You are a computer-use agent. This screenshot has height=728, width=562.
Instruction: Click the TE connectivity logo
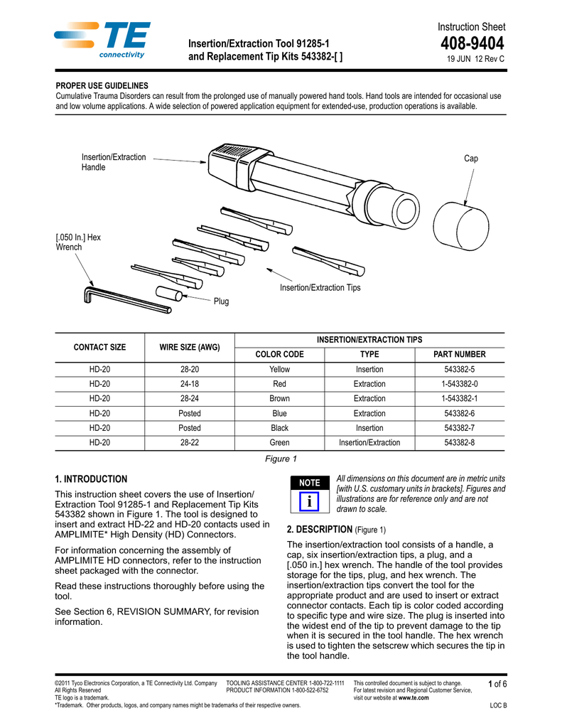pyautogui.click(x=102, y=39)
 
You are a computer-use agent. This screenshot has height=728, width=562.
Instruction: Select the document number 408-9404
pyautogui.click(x=472, y=44)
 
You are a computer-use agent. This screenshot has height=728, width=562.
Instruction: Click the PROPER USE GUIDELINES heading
pyautogui.click(x=102, y=85)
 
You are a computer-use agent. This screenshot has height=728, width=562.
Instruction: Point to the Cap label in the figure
pyautogui.click(x=471, y=159)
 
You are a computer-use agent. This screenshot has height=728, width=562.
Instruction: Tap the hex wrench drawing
pyautogui.click(x=125, y=299)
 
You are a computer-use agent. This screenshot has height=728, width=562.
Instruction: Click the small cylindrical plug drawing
pyautogui.click(x=171, y=293)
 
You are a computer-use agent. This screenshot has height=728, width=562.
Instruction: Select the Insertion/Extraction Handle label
pyautogui.click(x=114, y=162)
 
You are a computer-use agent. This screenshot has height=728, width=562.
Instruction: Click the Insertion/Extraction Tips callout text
pyautogui.click(x=320, y=287)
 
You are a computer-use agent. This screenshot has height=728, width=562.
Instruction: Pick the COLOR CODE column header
pyautogui.click(x=279, y=354)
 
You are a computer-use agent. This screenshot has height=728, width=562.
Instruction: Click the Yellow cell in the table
pyautogui.click(x=279, y=370)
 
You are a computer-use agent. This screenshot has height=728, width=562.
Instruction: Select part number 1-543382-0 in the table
pyautogui.click(x=460, y=384)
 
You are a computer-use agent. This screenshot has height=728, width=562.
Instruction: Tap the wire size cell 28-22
pyautogui.click(x=190, y=443)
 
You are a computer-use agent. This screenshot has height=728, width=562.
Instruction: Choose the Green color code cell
pyautogui.click(x=279, y=443)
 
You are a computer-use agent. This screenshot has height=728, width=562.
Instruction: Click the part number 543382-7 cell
pyautogui.click(x=460, y=428)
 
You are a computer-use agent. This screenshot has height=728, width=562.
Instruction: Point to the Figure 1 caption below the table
pyautogui.click(x=281, y=459)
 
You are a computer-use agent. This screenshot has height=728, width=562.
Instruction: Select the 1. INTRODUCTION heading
pyautogui.click(x=91, y=479)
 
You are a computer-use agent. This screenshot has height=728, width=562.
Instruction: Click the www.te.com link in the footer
pyautogui.click(x=414, y=698)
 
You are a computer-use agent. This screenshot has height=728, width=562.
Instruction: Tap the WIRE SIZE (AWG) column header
pyautogui.click(x=190, y=347)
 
